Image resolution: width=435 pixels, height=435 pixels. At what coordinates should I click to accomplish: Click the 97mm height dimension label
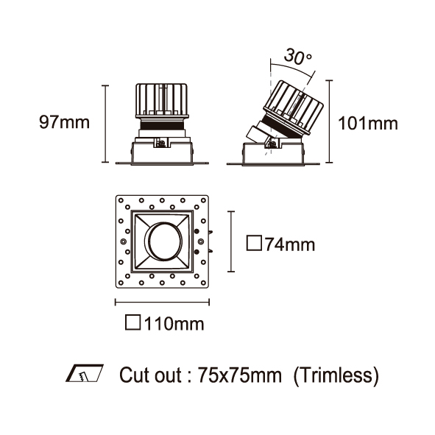pyautogui.click(x=64, y=122)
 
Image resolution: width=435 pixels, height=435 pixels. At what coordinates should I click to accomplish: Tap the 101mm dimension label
pyautogui.click(x=368, y=123)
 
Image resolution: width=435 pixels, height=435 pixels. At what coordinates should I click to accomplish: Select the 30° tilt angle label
pyautogui.click(x=298, y=57)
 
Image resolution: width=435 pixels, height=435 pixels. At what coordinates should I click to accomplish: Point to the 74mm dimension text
pyautogui.click(x=290, y=244)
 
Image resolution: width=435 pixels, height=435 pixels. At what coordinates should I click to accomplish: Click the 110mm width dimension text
pyautogui.click(x=174, y=323)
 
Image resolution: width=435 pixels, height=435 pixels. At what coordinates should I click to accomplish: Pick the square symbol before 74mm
pyautogui.click(x=254, y=244)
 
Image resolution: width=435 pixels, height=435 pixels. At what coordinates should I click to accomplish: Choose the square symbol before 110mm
pyautogui.click(x=133, y=322)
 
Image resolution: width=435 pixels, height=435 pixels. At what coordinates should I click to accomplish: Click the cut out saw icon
pyautogui.click(x=85, y=373)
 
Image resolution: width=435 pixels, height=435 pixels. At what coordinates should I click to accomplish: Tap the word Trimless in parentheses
pyautogui.click(x=336, y=375)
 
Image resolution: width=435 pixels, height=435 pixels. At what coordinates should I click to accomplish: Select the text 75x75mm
pyautogui.click(x=239, y=375)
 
